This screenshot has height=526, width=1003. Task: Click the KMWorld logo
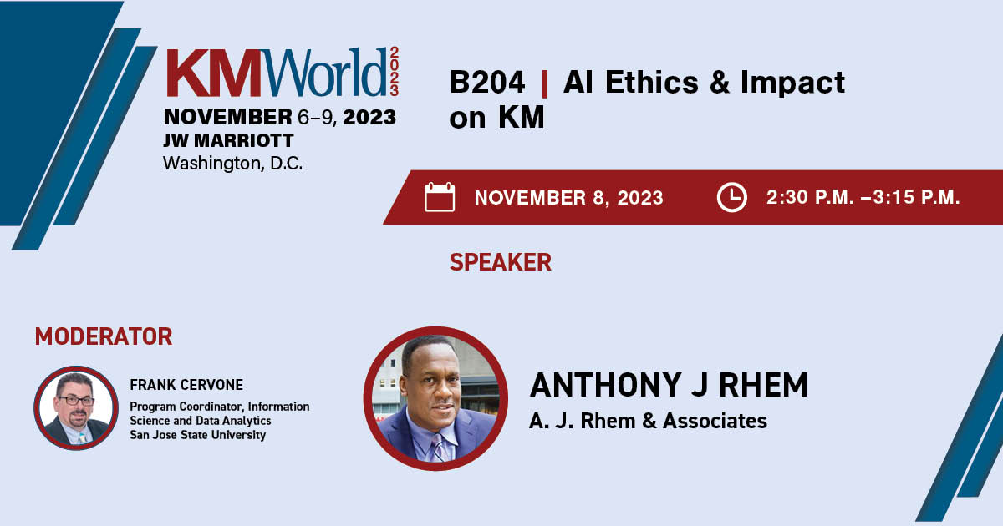click(283, 72)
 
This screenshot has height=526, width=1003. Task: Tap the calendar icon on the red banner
click(440, 197)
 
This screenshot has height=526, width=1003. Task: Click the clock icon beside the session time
click(731, 197)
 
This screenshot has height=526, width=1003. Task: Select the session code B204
click(487, 83)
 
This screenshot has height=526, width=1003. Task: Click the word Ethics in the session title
click(651, 83)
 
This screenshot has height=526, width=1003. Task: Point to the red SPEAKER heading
click(500, 262)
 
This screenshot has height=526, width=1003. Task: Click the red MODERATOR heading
click(104, 336)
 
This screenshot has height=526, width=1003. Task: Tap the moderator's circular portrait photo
click(76, 408)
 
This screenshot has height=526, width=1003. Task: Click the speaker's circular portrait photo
click(435, 398)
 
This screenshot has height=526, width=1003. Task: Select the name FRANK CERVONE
click(186, 385)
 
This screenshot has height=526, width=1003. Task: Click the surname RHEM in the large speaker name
click(763, 385)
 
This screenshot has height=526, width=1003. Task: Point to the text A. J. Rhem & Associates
click(648, 421)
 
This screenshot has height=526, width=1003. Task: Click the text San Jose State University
click(197, 435)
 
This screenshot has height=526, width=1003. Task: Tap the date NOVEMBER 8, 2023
click(568, 198)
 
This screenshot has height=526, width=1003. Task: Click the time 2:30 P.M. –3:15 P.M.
click(863, 197)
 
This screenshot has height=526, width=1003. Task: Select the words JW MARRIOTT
click(228, 140)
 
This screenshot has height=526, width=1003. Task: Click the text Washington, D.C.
click(233, 164)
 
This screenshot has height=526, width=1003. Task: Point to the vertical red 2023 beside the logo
click(394, 72)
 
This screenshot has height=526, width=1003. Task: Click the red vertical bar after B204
click(544, 83)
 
